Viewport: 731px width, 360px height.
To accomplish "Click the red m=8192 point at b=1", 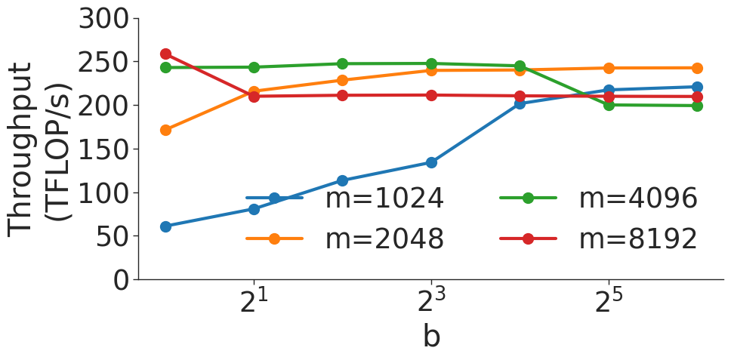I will (x=165, y=54).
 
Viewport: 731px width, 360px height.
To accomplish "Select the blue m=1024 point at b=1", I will (x=165, y=226).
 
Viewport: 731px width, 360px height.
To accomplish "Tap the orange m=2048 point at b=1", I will (x=165, y=130).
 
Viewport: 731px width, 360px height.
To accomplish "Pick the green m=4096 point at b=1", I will (x=165, y=67).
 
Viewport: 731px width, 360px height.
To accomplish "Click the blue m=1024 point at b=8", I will (x=431, y=162).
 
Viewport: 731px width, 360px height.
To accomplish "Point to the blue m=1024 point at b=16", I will (x=520, y=103).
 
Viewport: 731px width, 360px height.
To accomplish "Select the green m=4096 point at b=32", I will (x=609, y=105).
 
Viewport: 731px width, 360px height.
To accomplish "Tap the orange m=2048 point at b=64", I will (x=697, y=68).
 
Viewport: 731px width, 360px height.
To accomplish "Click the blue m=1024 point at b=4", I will (x=343, y=180).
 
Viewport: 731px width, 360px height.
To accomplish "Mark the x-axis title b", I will (x=431, y=337).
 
